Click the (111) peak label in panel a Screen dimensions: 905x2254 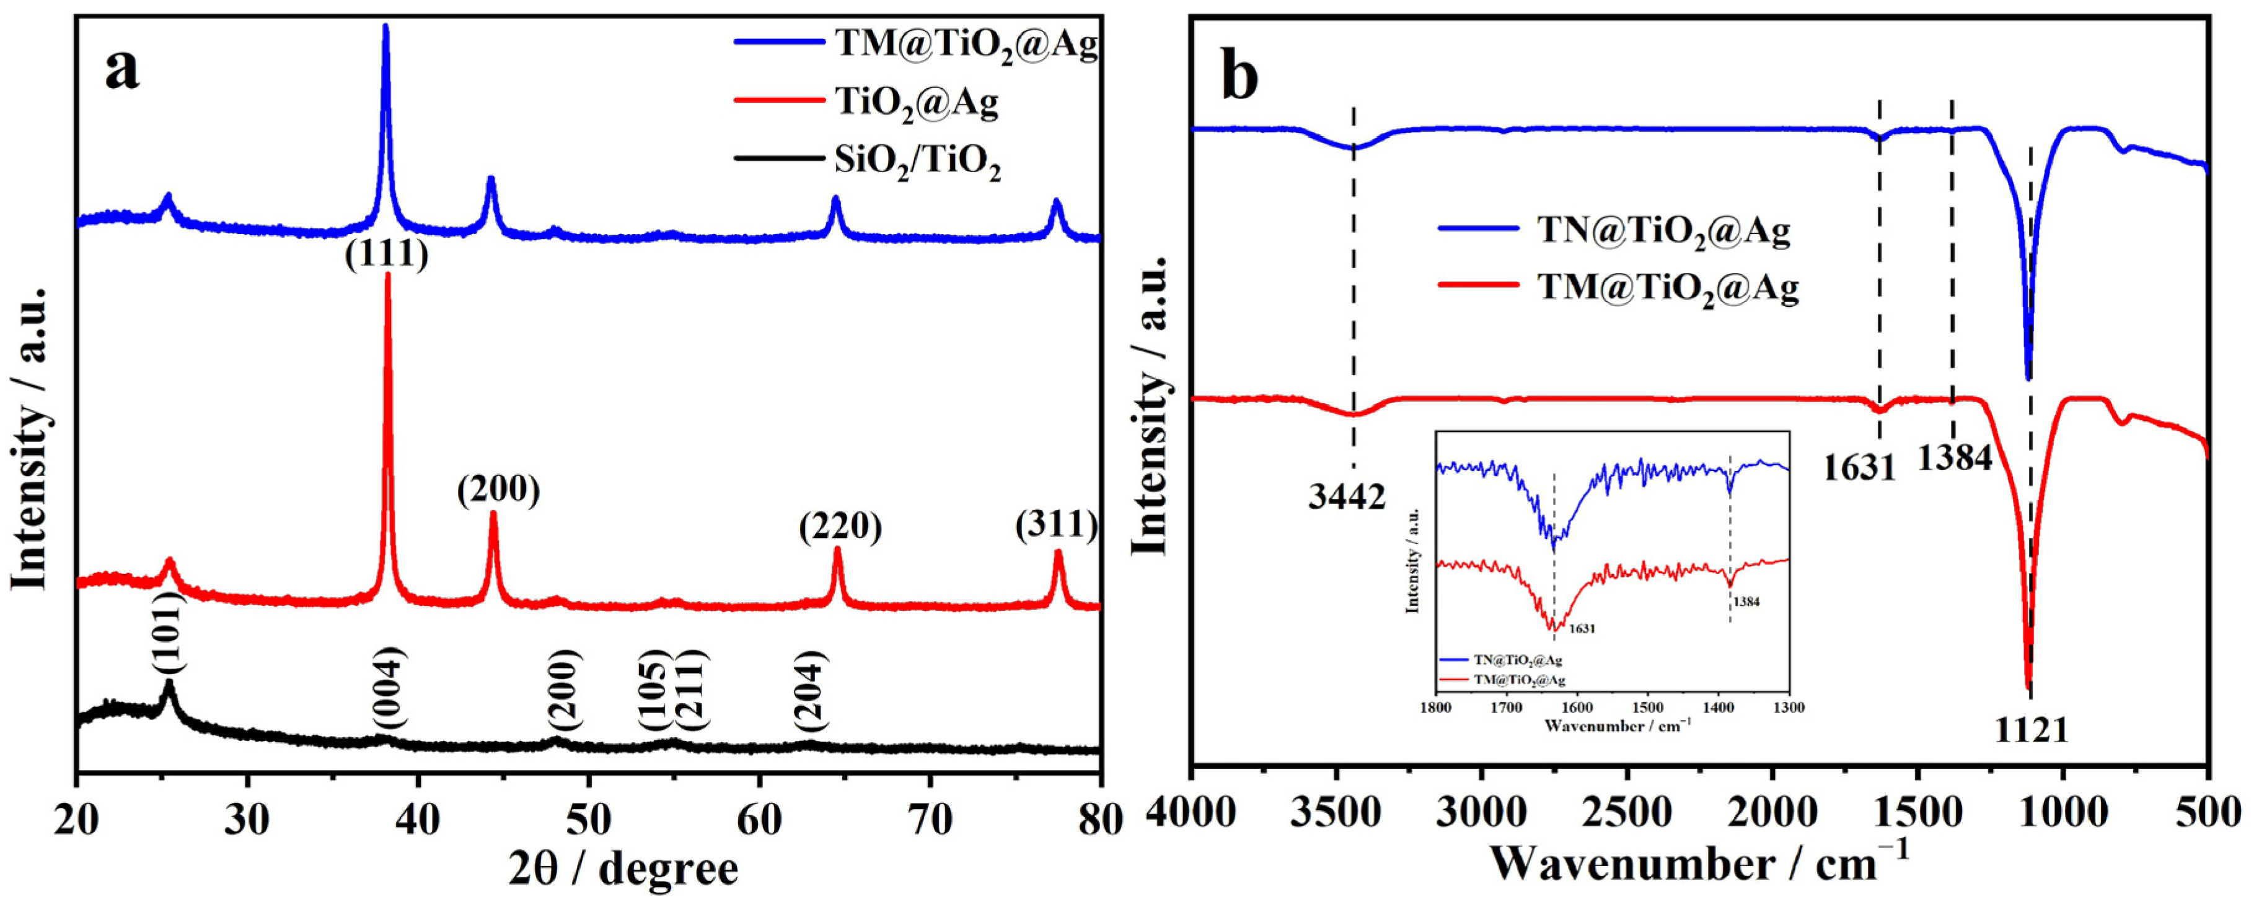tap(386, 254)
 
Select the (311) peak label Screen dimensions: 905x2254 tap(1056, 526)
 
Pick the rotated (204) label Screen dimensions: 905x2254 tap(809, 705)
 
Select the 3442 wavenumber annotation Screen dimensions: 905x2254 tap(1347, 496)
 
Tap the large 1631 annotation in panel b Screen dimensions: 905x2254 tap(1859, 469)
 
